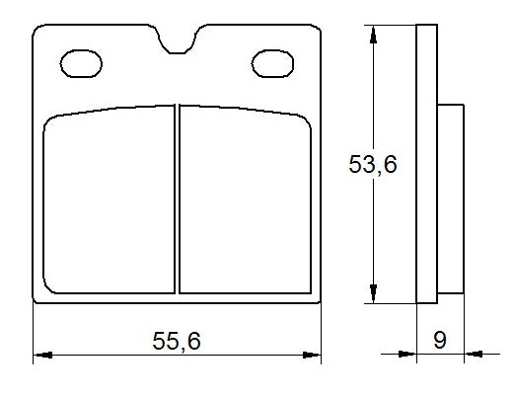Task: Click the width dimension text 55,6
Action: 178,341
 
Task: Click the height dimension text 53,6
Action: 373,165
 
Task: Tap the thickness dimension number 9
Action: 440,341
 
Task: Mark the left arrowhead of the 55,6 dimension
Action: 41,353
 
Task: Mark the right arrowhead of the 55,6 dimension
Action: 316,353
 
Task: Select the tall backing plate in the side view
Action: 426,165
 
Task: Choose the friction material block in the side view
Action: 449,198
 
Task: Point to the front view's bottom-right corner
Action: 321,301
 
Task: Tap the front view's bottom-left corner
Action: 36,301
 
